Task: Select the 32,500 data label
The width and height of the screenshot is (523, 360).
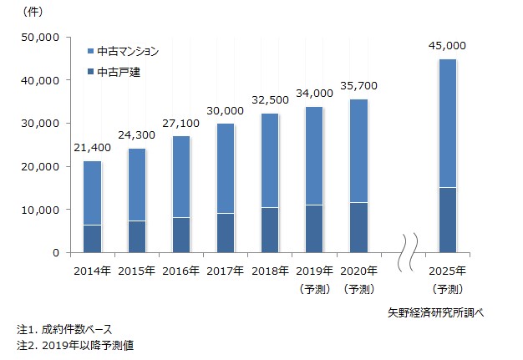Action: click(x=271, y=99)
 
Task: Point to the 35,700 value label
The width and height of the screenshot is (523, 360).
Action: click(x=358, y=85)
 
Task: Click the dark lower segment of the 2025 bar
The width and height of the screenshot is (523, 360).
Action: click(x=447, y=220)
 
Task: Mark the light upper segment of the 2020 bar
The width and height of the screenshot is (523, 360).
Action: click(x=358, y=150)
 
